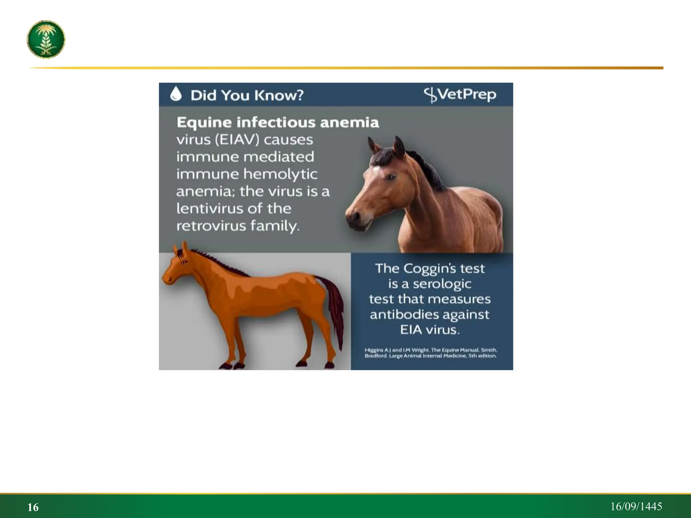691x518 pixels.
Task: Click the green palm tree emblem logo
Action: click(46, 39)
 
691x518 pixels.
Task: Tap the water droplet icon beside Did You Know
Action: click(176, 94)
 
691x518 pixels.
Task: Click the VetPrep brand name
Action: click(460, 95)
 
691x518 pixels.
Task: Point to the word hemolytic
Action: click(280, 174)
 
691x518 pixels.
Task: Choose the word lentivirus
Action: click(209, 209)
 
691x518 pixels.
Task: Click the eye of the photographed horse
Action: click(391, 176)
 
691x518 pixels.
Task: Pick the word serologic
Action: click(442, 284)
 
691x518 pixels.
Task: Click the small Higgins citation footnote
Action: click(431, 353)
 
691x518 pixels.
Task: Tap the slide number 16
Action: click(33, 507)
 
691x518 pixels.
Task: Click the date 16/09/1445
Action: click(636, 507)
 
